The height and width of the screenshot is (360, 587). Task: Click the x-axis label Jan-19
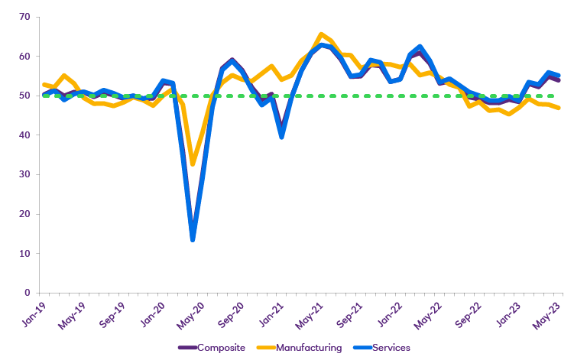click(33, 313)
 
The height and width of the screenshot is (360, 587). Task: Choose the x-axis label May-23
click(549, 314)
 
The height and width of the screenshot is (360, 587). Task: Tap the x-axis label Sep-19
click(112, 314)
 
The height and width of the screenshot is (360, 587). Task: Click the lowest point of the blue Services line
click(193, 240)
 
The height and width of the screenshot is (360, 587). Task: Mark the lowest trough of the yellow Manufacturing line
click(193, 164)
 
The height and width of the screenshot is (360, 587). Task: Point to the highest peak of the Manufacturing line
click(322, 34)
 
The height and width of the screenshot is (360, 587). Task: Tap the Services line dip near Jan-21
click(282, 137)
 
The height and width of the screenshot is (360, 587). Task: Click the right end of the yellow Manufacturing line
click(559, 108)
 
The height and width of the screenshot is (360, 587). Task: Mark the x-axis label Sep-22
click(469, 314)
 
